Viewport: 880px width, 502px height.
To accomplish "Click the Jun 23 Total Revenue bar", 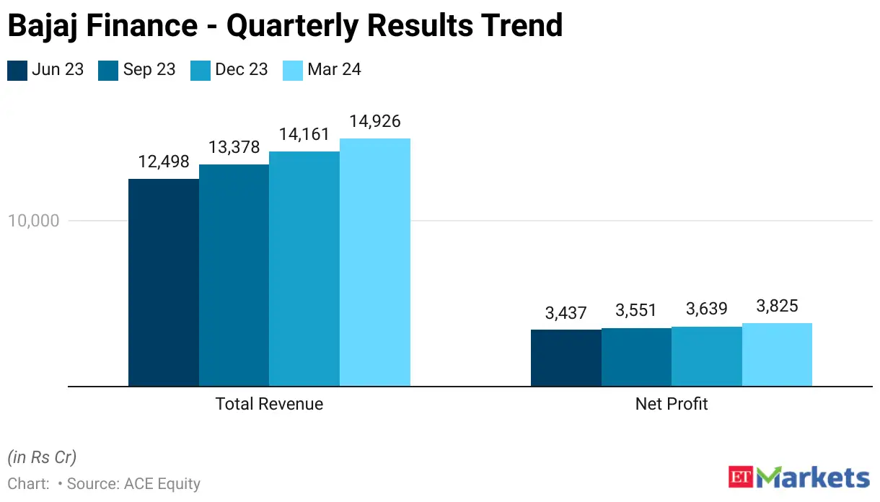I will coord(164,283).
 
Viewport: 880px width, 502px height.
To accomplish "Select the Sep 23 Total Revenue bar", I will coord(234,276).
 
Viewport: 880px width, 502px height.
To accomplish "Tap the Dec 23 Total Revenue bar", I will coord(304,269).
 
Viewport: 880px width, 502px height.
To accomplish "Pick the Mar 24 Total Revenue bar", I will coord(375,263).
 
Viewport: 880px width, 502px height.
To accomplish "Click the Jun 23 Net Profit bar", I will coord(566,358).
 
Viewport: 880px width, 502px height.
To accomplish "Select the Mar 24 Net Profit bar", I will coord(777,355).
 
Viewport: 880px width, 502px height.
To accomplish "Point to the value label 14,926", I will coord(375,121).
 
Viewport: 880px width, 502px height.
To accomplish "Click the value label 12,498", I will coord(164,162).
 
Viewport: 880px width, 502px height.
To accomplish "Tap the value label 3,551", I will coord(636,311).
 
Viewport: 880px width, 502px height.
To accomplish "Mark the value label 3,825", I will coord(777,306).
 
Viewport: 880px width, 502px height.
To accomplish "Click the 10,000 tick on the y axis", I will coord(33,221).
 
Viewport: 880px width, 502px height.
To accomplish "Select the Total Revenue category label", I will coord(269,404).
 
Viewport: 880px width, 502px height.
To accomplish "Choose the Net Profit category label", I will coord(672,404).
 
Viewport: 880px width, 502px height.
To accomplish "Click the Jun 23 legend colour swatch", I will coord(17,70).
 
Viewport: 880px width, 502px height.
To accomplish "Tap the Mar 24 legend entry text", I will coord(334,70).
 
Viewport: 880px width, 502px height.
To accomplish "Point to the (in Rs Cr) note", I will coord(42,457).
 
